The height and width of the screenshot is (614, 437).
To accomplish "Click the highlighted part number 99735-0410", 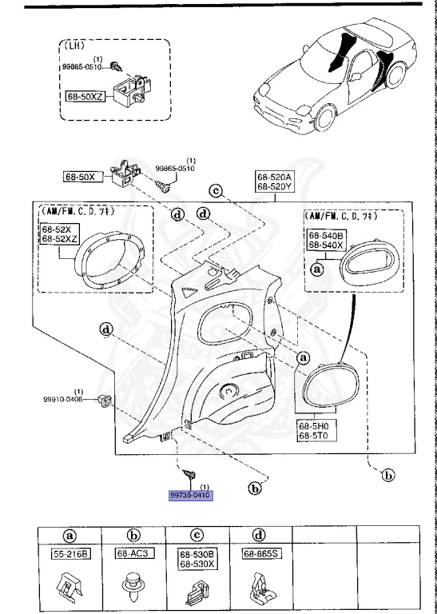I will click(191, 495).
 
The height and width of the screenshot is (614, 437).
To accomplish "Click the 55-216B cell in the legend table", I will click(70, 553).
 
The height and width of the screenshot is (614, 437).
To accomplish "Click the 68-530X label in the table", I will click(197, 564).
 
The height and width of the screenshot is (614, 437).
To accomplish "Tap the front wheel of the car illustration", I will click(325, 120).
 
